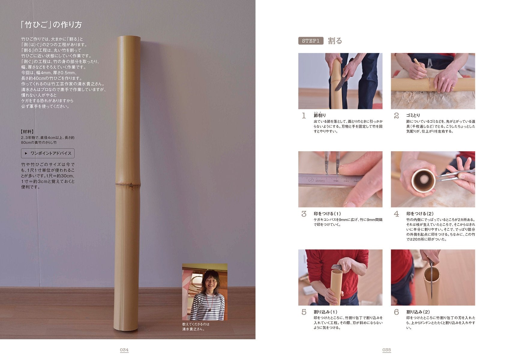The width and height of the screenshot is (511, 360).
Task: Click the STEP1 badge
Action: (x=311, y=40)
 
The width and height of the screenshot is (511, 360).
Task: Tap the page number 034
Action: (x=124, y=350)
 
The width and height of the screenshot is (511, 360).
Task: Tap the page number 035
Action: (x=387, y=350)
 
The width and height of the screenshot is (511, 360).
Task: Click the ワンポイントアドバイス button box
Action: (x=48, y=153)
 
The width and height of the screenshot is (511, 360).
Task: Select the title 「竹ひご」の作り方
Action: (x=51, y=25)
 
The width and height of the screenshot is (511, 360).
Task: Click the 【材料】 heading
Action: (x=27, y=132)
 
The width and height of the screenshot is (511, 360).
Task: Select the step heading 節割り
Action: (x=320, y=115)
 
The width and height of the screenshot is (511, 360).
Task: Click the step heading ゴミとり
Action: (x=413, y=115)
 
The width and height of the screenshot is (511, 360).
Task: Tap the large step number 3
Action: (x=304, y=214)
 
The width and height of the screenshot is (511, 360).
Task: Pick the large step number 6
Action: (x=396, y=312)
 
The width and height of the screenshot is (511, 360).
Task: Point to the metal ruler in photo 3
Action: (x=329, y=181)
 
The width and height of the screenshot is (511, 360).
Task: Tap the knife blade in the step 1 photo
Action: (x=339, y=83)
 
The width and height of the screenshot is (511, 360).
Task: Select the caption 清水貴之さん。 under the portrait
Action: (x=193, y=329)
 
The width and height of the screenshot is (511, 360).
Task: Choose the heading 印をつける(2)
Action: (x=420, y=214)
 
